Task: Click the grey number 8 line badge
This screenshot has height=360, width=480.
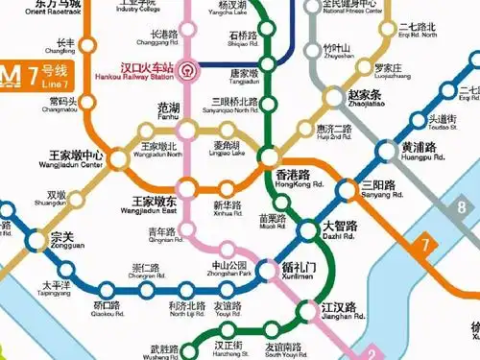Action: point(462,207)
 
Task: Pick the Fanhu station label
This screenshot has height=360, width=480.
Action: point(169,113)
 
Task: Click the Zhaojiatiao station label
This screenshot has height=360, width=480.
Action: point(365,101)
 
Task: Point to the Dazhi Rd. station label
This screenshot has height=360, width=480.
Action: point(338,230)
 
